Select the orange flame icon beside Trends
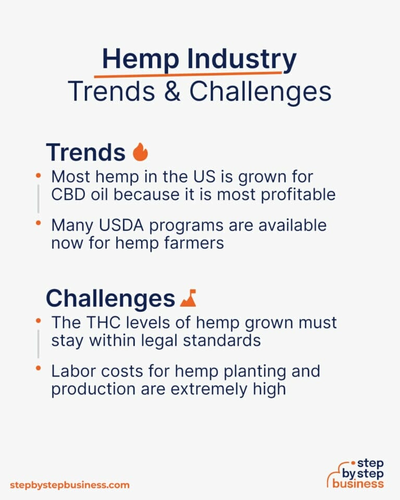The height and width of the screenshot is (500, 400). click(x=140, y=152)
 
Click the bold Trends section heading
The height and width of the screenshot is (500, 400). click(x=85, y=152)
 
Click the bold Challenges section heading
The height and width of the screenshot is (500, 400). click(x=110, y=298)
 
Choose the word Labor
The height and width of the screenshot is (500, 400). click(x=72, y=372)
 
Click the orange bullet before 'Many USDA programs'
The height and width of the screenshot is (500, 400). click(x=39, y=223)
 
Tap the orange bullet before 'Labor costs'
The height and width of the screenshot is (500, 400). click(x=39, y=369)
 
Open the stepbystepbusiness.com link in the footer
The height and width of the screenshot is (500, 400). click(x=70, y=485)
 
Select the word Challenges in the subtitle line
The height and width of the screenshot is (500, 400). click(x=260, y=92)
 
